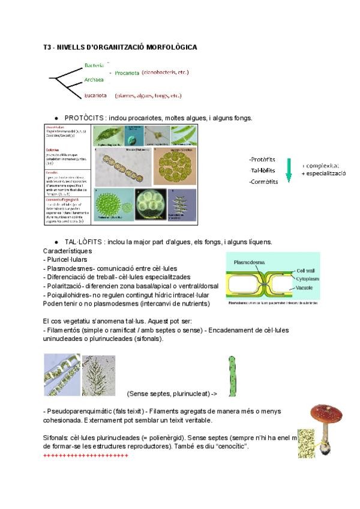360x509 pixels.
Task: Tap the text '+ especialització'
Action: coord(324,173)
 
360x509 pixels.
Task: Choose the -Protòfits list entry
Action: coord(262,160)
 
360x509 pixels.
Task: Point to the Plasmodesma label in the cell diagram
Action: coord(250,262)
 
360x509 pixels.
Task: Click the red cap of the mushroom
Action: coord(326,412)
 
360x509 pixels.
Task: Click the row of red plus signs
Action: coord(86,456)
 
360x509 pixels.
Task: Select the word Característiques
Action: coord(67,250)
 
